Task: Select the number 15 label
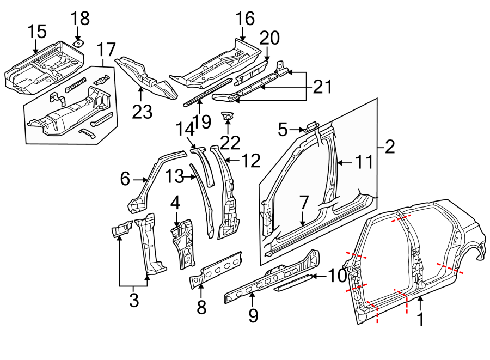[38, 32]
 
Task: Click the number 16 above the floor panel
[245, 19]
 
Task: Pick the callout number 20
[269, 38]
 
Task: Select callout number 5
[282, 130]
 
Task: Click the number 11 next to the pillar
[360, 162]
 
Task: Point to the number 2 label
[390, 146]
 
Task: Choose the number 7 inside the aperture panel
[303, 203]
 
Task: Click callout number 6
[125, 179]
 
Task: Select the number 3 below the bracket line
[134, 300]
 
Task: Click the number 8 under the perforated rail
[201, 308]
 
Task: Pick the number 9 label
[253, 316]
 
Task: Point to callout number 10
[337, 276]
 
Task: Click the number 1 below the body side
[420, 319]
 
